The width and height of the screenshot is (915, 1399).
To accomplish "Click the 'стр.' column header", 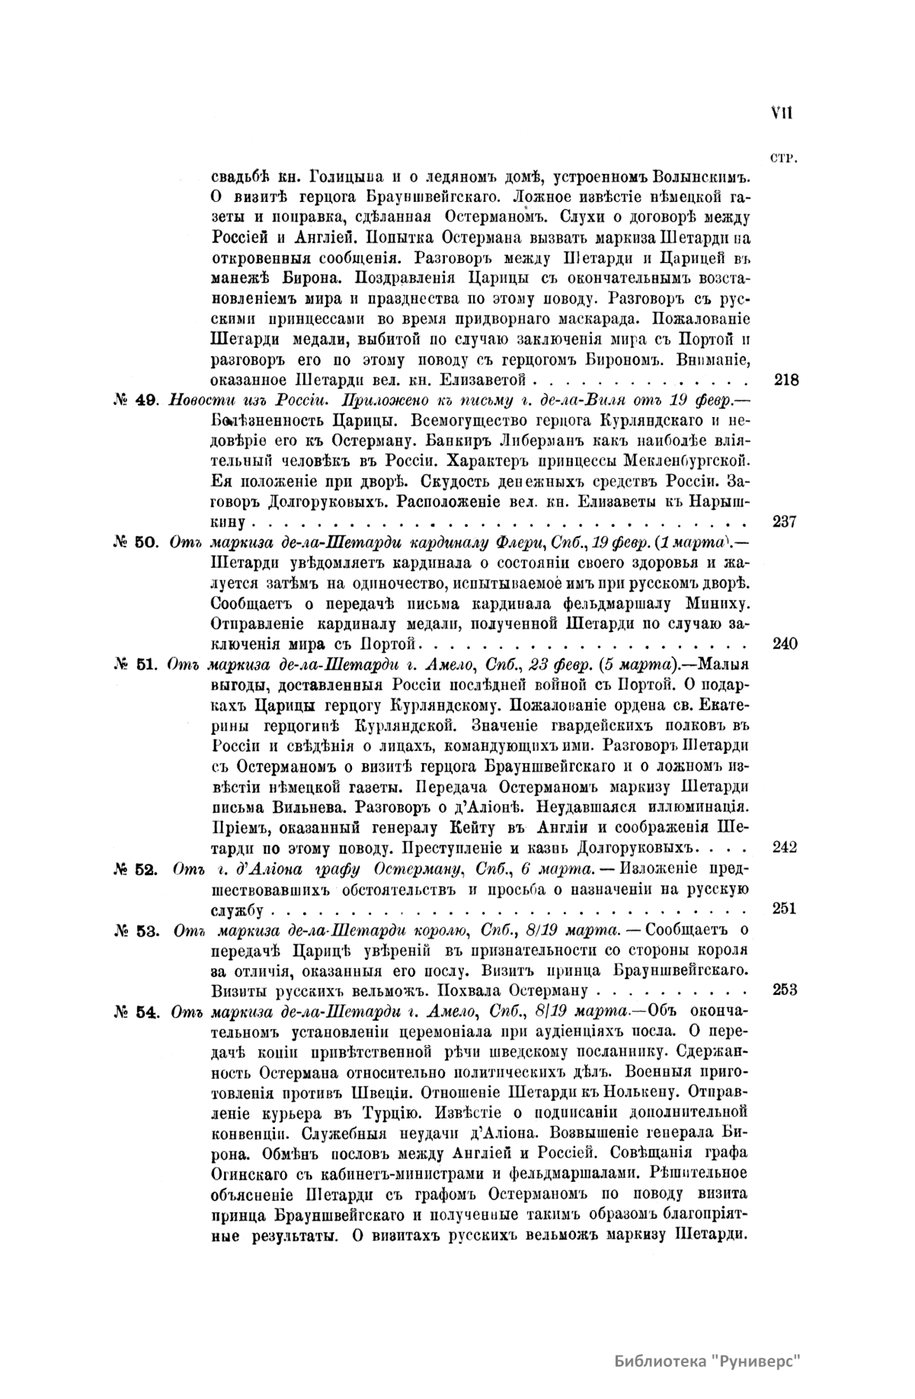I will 783,159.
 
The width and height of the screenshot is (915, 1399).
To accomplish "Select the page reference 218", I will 785,379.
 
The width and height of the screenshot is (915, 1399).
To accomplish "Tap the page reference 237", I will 784,522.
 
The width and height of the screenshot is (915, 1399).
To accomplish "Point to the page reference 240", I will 784,643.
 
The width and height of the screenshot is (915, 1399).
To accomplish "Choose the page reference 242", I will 784,847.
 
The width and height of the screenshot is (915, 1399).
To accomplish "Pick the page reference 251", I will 784,909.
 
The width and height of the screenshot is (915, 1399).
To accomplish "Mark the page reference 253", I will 784,990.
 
